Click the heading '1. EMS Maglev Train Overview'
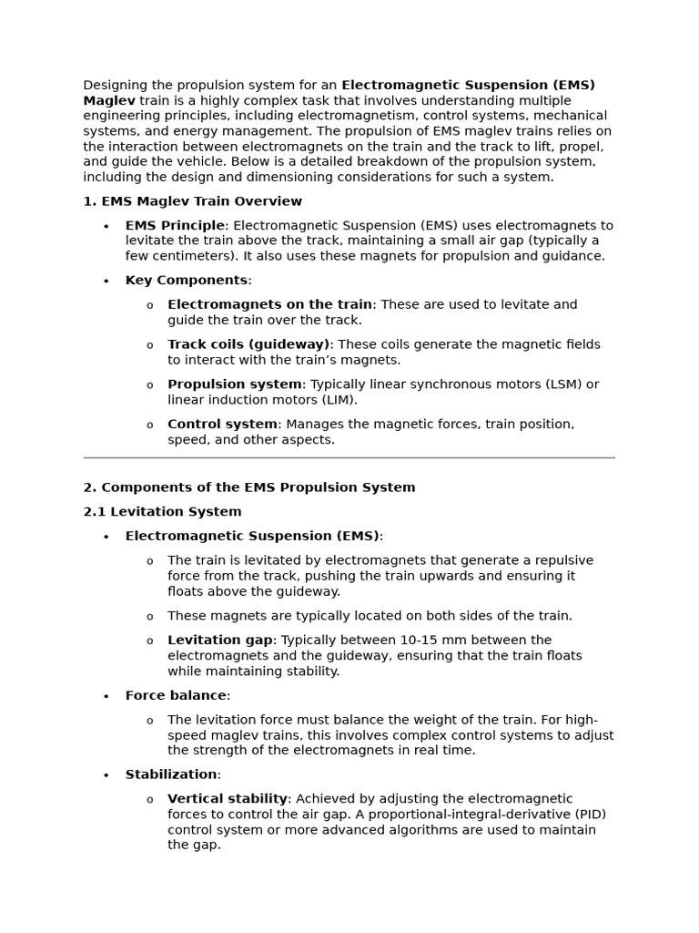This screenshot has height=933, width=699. (x=192, y=201)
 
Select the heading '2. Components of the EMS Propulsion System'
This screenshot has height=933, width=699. (x=248, y=487)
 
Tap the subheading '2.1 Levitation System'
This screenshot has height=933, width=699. (x=162, y=512)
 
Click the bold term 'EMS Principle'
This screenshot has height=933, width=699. (x=174, y=225)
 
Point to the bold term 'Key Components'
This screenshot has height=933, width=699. (x=186, y=281)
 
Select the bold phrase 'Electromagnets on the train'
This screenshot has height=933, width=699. (x=269, y=304)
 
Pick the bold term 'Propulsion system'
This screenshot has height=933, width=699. (x=234, y=384)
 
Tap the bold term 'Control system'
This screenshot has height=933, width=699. (x=222, y=425)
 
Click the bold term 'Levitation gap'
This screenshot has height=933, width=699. (x=219, y=641)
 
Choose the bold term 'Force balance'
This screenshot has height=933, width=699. (x=176, y=696)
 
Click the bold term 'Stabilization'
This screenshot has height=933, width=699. (x=171, y=774)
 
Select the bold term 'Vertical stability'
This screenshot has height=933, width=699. (x=228, y=799)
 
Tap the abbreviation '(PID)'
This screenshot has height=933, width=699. (x=589, y=815)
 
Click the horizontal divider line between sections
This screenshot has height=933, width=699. (x=349, y=457)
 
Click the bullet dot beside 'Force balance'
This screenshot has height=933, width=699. (x=106, y=697)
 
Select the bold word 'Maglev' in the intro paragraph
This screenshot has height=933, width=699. (x=109, y=100)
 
